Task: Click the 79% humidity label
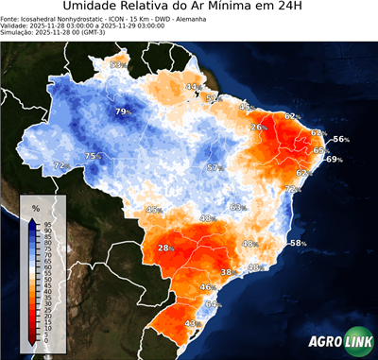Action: [x=123, y=111]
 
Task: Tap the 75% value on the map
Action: [x=94, y=157]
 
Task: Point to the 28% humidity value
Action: [x=167, y=249]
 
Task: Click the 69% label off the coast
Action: [x=334, y=160]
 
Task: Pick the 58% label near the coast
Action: [x=298, y=243]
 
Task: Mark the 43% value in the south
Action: [x=193, y=323]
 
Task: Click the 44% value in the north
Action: [x=193, y=87]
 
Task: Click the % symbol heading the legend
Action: [x=35, y=207]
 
